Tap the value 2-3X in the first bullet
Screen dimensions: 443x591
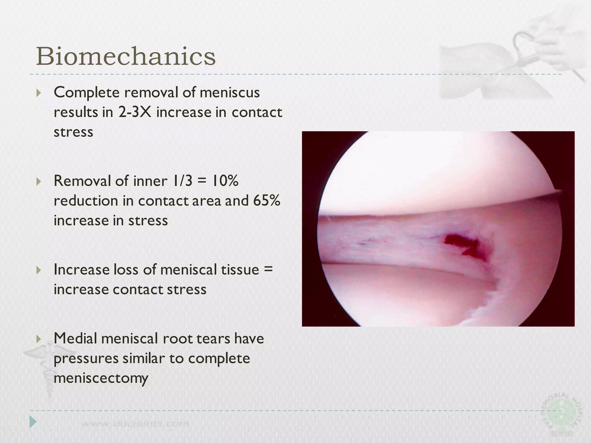pos(134,112)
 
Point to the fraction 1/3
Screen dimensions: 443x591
pos(182,181)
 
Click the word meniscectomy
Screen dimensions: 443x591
pos(101,378)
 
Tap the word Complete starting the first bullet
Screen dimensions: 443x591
pos(87,93)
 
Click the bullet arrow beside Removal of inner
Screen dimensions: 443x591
pos(39,181)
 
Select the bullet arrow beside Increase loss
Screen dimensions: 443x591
pos(39,270)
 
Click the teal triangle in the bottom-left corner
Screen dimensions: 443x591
pos(33,422)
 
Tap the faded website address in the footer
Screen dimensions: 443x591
pos(136,424)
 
